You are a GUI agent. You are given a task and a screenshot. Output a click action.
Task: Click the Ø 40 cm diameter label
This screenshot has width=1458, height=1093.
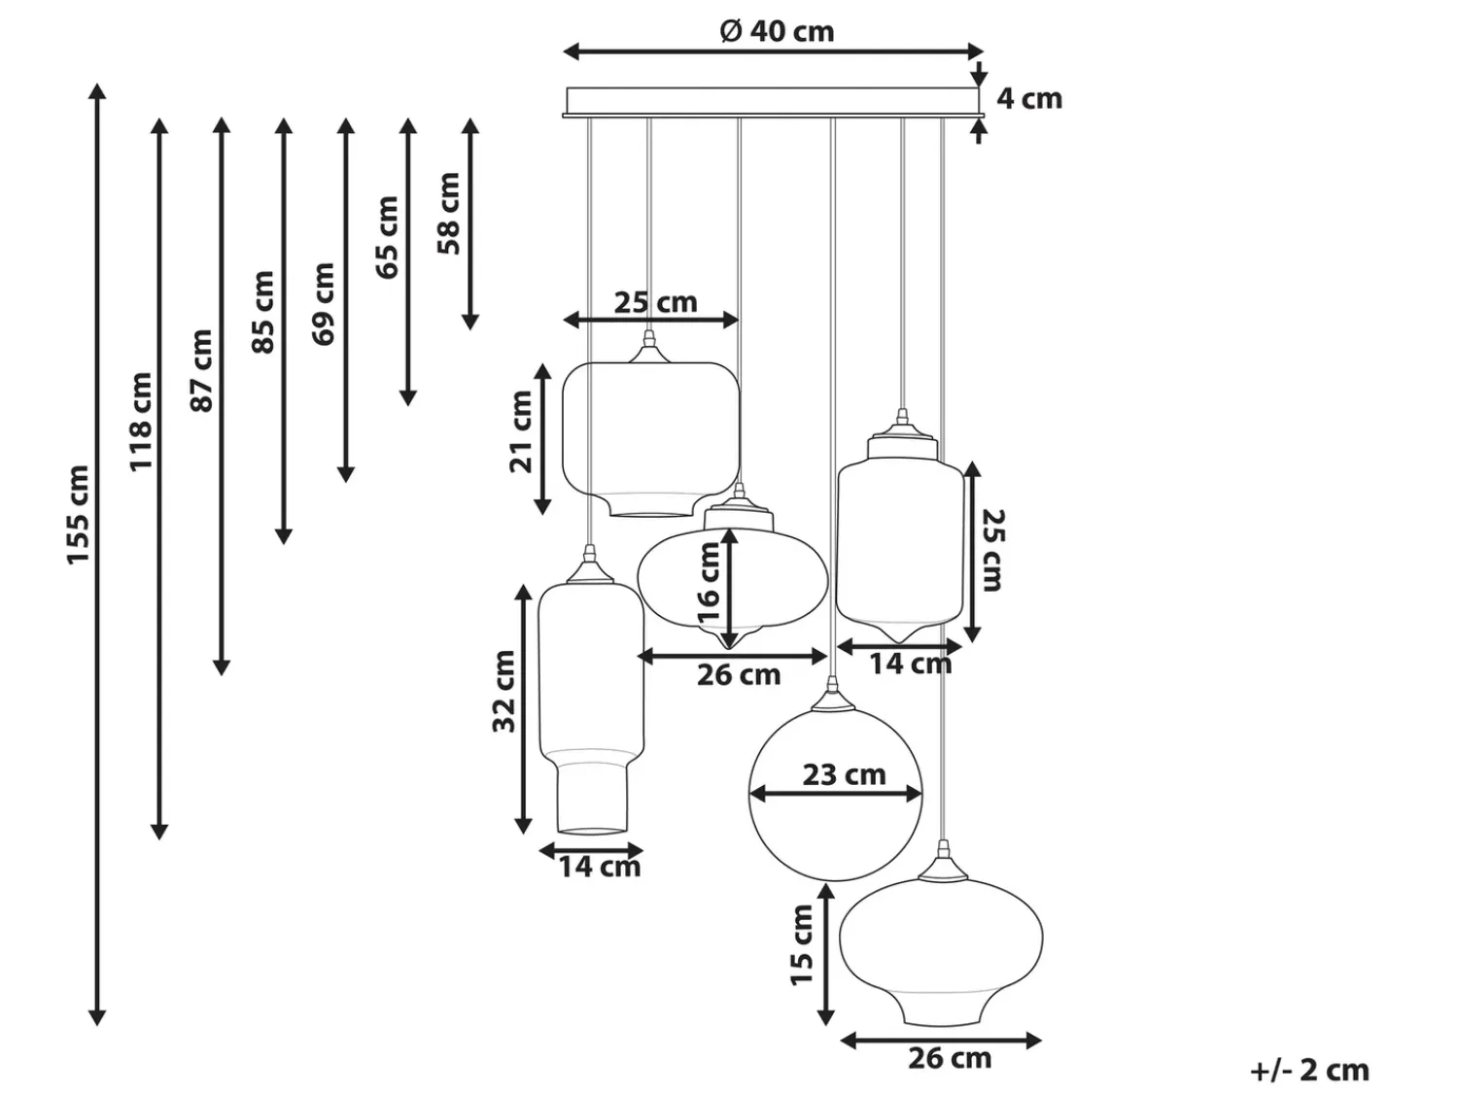778,31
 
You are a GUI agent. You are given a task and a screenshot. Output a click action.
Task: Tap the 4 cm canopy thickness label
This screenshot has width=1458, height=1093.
1029,99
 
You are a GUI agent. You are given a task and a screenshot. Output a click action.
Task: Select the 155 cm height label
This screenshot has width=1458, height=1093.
78,515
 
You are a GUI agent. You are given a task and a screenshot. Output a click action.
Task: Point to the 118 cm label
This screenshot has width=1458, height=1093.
140,422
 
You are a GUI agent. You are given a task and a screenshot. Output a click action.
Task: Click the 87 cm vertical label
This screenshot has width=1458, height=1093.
202,370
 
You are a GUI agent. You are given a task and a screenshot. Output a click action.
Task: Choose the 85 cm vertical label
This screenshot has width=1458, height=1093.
263,312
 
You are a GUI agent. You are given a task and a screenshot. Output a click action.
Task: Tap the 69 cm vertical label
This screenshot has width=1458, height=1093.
324,303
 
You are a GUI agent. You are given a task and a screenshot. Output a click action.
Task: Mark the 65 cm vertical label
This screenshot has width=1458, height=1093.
387,237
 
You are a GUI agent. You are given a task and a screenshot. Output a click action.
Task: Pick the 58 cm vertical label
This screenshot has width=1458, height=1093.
448,213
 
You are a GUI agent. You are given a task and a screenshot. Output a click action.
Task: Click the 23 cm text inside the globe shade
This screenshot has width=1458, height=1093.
845,774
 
